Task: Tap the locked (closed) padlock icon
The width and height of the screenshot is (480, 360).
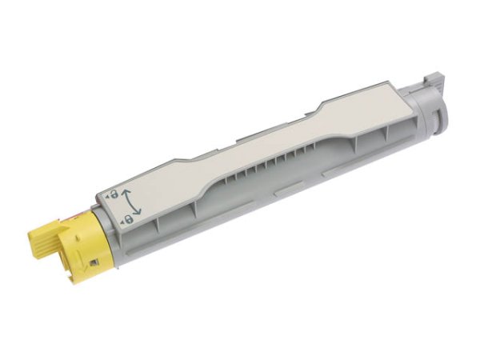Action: pyautogui.click(x=127, y=217)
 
